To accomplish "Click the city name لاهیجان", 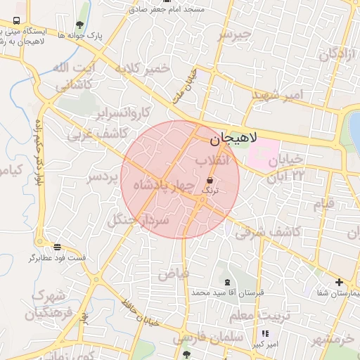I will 234,139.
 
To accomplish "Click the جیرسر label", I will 235,34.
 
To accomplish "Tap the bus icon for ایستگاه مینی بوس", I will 16,21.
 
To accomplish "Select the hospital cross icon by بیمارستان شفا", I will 340,281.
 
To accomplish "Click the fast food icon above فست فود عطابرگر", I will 57,247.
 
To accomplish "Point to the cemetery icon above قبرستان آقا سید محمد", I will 226,281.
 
